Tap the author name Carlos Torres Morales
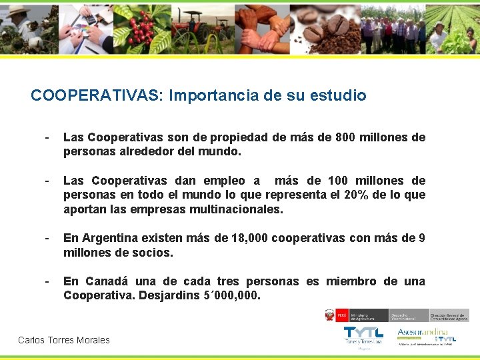(64, 340)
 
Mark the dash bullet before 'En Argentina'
(46, 238)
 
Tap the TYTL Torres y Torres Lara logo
(363, 335)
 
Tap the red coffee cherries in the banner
(141, 28)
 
